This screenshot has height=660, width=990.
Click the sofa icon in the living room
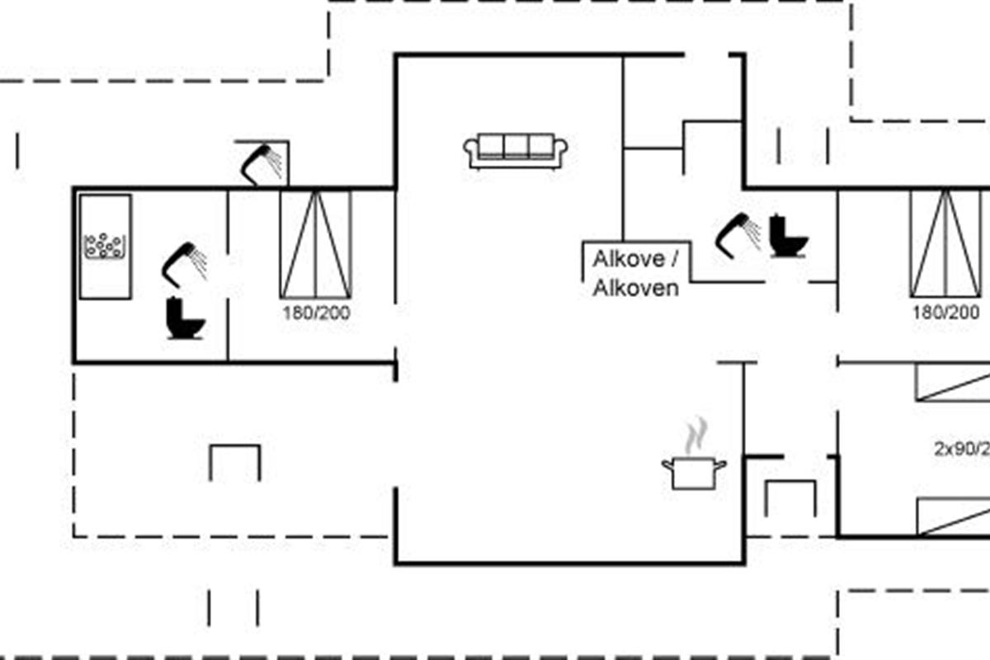(x=516, y=152)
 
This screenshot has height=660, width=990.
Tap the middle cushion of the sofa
(x=516, y=146)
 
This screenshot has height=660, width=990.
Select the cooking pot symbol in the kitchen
(x=694, y=473)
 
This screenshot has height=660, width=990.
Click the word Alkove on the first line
(x=629, y=259)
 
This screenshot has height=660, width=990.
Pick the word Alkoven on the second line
(x=636, y=287)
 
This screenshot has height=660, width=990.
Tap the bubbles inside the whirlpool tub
(x=105, y=245)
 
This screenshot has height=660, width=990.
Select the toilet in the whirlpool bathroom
(x=185, y=318)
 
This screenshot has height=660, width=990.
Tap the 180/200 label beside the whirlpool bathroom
(x=316, y=313)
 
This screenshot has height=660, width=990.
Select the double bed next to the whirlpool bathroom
(x=316, y=244)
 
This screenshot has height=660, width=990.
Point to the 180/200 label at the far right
(x=946, y=313)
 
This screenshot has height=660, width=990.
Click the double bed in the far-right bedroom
(x=946, y=244)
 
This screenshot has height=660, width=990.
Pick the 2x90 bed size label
(x=962, y=450)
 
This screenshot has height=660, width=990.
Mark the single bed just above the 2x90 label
(x=954, y=383)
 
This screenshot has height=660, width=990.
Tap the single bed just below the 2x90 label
(x=954, y=516)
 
